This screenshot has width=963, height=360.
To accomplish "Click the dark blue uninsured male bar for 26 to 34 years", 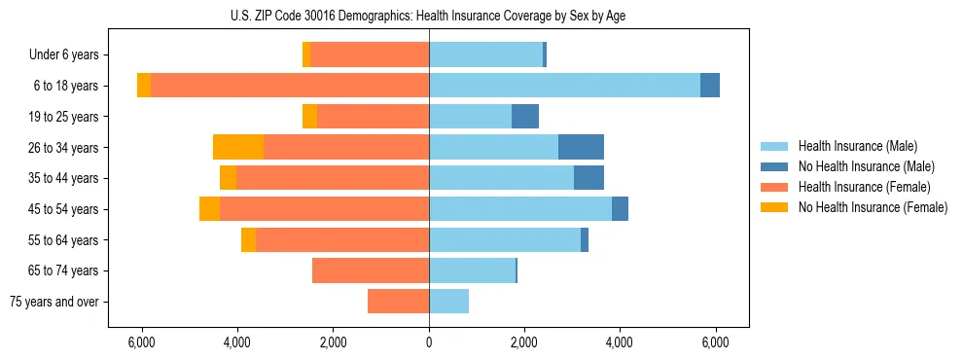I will [x=581, y=147].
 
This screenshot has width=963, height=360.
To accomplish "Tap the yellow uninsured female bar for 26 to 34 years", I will [x=238, y=147].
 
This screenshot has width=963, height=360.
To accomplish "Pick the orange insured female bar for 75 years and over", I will [x=398, y=302].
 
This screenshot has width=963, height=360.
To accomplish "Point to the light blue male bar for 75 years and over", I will [x=448, y=302].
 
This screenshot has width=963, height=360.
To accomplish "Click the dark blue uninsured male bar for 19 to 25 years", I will [x=525, y=117].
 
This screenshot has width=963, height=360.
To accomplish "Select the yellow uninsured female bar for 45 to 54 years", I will [x=209, y=209].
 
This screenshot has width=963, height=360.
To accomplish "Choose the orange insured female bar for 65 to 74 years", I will [x=371, y=270].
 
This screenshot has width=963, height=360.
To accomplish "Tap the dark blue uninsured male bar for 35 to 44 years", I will [x=588, y=178].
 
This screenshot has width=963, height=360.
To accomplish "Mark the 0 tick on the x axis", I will [x=429, y=342].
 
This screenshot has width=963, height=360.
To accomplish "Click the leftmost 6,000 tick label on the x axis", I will [x=142, y=342].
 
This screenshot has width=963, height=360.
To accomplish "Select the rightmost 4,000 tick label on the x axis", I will [x=620, y=342].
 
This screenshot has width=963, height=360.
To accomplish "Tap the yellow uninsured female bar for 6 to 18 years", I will [x=144, y=86].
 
